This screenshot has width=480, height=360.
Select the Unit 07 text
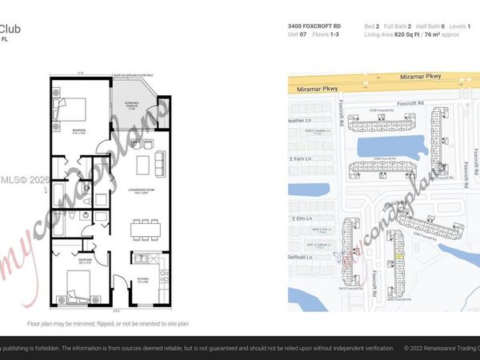297,34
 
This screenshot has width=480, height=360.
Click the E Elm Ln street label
302,218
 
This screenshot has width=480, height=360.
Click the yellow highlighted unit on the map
398,255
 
